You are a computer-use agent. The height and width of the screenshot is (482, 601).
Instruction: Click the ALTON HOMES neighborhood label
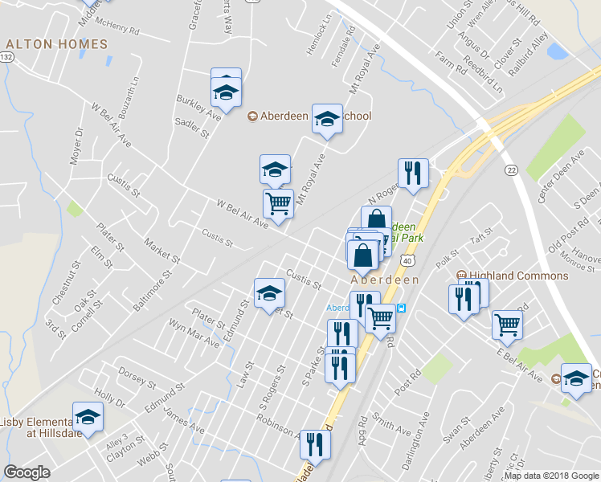click(x=56, y=44)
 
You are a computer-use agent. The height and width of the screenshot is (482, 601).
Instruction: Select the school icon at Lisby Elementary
click(x=88, y=416)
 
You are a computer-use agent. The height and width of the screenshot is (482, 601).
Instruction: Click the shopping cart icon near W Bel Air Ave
click(x=278, y=204)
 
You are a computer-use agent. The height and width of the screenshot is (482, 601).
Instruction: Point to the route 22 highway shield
click(x=511, y=170)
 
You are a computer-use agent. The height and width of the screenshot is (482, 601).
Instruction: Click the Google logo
click(x=27, y=472)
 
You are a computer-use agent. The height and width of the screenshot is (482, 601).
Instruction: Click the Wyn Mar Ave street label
click(x=194, y=333)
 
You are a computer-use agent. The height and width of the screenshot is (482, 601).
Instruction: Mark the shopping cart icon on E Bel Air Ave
click(x=507, y=325)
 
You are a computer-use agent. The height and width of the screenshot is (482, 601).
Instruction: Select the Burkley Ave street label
click(x=198, y=107)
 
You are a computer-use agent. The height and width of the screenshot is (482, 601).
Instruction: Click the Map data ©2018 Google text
click(x=550, y=476)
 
